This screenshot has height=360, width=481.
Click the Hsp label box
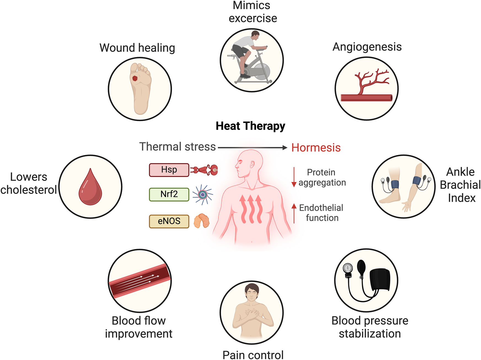[169, 170]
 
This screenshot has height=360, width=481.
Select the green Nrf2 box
[169, 194]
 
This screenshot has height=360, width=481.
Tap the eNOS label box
[169, 221]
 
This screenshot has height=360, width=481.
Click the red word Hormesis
[316, 148]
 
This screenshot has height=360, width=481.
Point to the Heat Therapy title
[250, 126]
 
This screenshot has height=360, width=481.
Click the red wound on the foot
[135, 78]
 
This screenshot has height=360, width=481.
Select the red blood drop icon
[90, 188]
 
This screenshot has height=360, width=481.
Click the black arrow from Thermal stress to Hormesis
[252, 148]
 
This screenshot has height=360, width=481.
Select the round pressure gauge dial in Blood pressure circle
[348, 268]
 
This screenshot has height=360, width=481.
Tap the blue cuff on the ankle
[395, 184]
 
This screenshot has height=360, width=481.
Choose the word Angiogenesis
[367, 47]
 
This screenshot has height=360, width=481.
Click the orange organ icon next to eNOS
[201, 221]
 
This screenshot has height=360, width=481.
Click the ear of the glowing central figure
[252, 165]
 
